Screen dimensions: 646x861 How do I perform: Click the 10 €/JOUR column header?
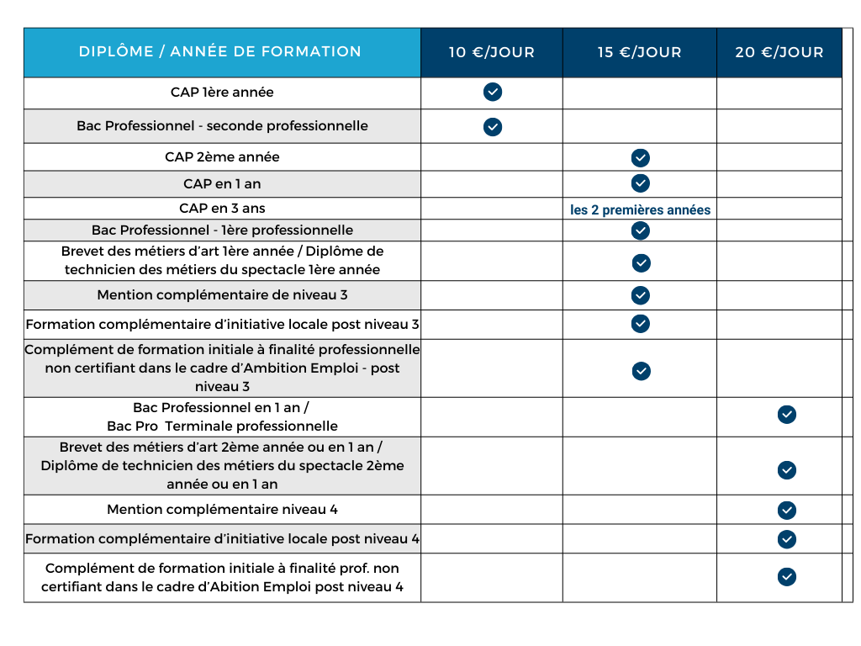click(x=492, y=52)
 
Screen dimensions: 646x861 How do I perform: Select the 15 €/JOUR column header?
click(x=639, y=52)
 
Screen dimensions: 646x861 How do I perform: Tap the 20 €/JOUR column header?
click(x=779, y=52)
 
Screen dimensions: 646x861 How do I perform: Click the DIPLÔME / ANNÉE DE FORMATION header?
click(x=220, y=51)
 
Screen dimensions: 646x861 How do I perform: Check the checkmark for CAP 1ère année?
click(x=493, y=92)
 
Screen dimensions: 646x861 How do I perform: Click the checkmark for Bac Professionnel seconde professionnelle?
click(x=493, y=127)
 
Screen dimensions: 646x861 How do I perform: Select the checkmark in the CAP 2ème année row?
click(x=641, y=157)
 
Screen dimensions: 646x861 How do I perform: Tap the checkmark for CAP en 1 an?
click(x=641, y=183)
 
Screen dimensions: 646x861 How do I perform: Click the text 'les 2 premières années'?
click(x=640, y=210)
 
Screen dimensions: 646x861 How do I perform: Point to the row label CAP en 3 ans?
click(x=222, y=208)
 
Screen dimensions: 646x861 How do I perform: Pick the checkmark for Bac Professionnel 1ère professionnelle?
click(x=641, y=230)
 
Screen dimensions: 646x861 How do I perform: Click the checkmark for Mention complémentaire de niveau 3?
click(x=641, y=295)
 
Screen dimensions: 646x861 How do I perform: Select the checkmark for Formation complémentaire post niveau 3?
click(x=641, y=324)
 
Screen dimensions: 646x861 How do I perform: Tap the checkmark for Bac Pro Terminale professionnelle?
click(x=787, y=415)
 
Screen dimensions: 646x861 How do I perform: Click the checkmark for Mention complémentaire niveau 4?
click(x=787, y=510)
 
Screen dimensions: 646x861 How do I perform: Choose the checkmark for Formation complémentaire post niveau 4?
click(x=787, y=538)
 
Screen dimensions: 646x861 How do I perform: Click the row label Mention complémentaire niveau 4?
click(x=222, y=510)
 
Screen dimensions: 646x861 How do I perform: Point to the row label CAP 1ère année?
click(x=222, y=93)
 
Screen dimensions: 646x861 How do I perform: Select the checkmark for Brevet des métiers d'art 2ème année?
click(x=787, y=470)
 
